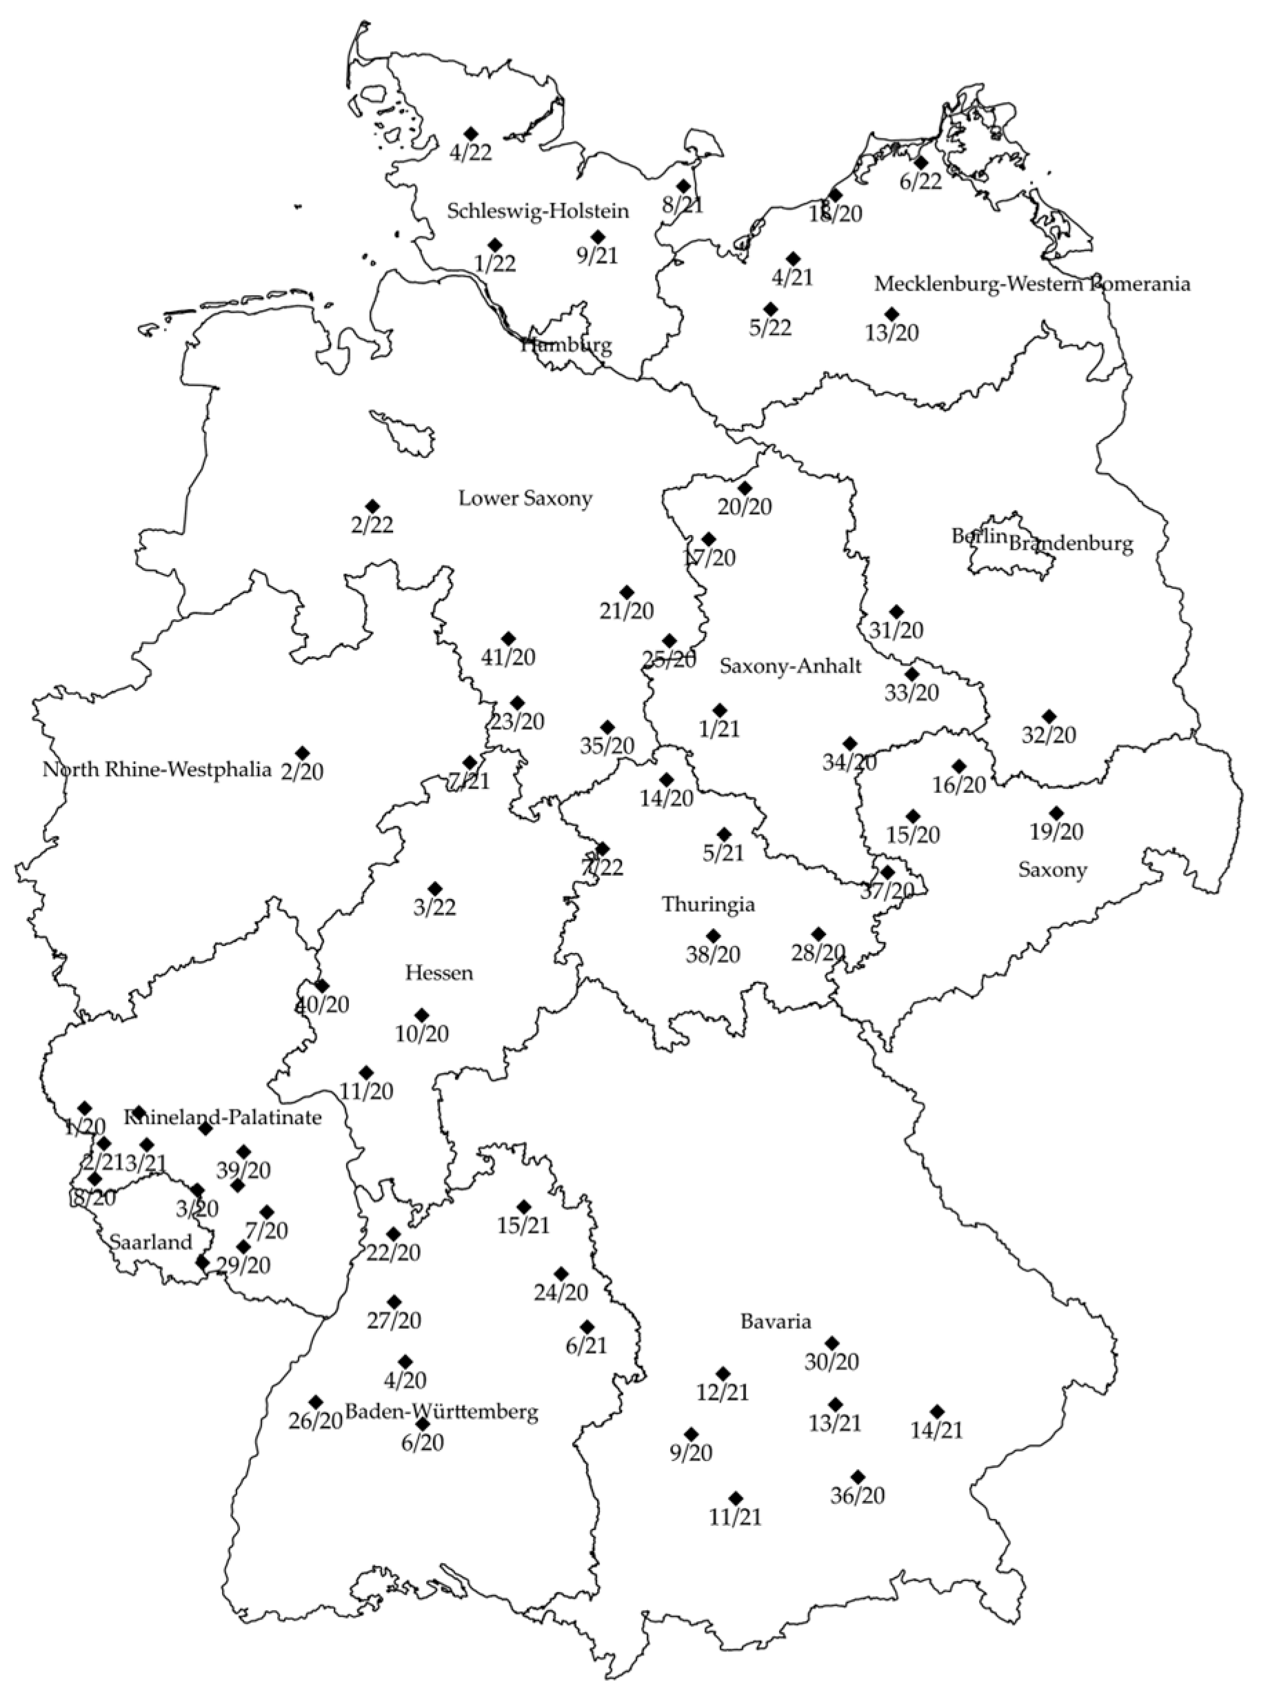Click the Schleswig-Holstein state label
point(538,212)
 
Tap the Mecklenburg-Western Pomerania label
point(1032,285)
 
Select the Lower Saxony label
point(525,499)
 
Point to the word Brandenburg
point(1071,544)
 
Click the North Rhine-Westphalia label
point(157,770)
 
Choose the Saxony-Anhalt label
point(790,666)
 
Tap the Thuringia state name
point(708,905)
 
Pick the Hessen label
point(439,973)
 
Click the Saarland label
point(151,1243)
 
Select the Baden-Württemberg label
point(442,1412)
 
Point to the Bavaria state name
point(776,1322)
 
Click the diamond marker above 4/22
point(471,134)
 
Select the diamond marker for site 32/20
point(1049,716)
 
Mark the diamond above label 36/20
point(858,1476)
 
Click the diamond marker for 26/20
point(315,1402)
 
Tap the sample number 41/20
point(508,657)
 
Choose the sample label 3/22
point(435,908)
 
